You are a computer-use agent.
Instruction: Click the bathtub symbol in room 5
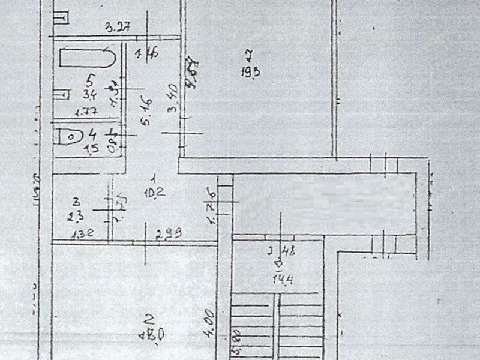click(88, 58)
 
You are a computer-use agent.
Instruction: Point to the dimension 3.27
click(118, 27)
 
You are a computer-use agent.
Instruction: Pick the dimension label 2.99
click(169, 234)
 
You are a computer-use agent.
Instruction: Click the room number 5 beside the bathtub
click(90, 78)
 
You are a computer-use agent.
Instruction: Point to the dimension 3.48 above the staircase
click(282, 251)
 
